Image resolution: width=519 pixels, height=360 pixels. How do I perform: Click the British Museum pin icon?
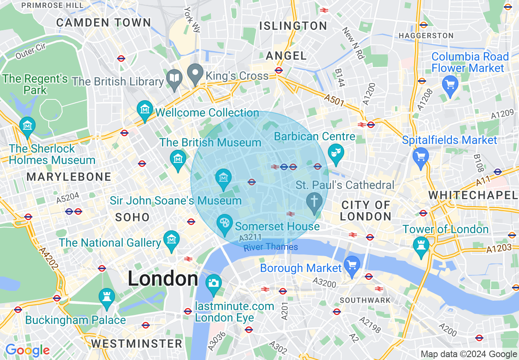tap(178, 158)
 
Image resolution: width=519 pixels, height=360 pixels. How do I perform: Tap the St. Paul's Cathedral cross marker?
tap(314, 202)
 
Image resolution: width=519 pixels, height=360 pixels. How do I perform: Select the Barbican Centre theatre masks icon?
tap(336, 153)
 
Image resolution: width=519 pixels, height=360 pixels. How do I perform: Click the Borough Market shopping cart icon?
tap(352, 264)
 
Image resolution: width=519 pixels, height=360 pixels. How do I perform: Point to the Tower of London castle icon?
tap(421, 245)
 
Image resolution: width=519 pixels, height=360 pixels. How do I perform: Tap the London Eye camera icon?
tap(213, 283)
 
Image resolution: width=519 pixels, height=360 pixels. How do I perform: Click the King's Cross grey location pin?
tap(195, 74)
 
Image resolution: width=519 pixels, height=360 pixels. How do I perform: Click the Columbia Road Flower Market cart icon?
tap(450, 84)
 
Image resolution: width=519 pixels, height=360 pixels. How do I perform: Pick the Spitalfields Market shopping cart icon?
tap(421, 156)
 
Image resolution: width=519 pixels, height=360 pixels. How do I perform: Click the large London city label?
tap(163, 279)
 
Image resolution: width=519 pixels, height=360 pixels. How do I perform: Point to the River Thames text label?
tap(271, 247)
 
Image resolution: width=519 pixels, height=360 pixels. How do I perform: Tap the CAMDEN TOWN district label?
tap(104, 22)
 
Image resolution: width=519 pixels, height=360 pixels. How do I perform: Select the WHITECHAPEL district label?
tap(473, 195)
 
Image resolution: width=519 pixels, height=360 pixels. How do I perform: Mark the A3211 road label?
tap(250, 237)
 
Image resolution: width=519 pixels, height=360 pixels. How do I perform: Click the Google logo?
tap(27, 350)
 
